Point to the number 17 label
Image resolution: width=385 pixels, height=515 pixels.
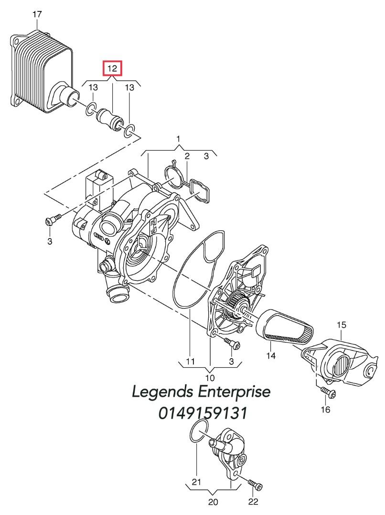point(37,15)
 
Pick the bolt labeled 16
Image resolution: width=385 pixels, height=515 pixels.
point(328,392)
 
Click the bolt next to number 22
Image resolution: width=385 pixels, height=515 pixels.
point(256,486)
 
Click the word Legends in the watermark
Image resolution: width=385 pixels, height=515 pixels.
point(162,392)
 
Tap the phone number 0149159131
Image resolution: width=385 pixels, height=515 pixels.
point(203,413)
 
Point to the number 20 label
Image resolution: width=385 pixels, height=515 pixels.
point(213,502)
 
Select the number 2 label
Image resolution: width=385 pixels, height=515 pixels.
point(187,156)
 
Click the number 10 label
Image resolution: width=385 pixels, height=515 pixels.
point(210,378)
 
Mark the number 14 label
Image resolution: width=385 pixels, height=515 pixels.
point(271,355)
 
